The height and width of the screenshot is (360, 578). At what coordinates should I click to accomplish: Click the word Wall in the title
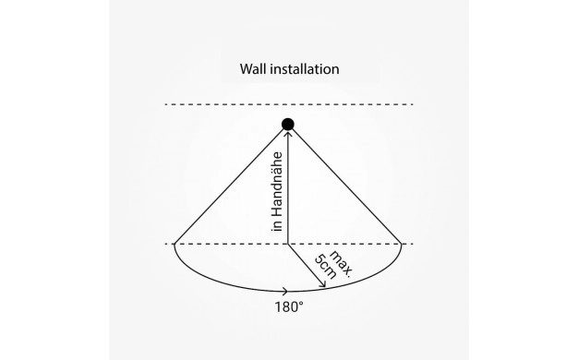click(253, 69)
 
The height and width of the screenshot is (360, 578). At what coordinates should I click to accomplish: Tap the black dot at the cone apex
click(288, 125)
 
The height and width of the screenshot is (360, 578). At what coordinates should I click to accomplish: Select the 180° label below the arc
click(289, 307)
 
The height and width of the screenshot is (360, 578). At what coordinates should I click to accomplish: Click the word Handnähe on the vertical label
click(277, 185)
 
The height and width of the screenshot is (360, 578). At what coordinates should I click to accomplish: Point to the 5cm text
click(325, 267)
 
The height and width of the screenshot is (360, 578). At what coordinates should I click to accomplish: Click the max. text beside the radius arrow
click(341, 263)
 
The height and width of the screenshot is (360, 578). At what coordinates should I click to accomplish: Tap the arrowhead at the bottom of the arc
click(285, 292)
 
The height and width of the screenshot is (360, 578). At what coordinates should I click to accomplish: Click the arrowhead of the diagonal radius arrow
click(322, 283)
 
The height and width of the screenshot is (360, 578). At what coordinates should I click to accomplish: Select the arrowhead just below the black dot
click(288, 134)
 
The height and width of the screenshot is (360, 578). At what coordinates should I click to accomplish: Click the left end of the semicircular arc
click(175, 244)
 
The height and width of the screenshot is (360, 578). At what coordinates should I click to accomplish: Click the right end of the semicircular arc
click(402, 244)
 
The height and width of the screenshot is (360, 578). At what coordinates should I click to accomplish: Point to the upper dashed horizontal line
click(289, 104)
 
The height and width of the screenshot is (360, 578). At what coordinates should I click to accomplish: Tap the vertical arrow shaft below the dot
click(288, 188)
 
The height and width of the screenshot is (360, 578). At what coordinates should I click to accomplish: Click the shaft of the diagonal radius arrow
click(306, 265)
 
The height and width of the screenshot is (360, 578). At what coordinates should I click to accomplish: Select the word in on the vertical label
click(277, 226)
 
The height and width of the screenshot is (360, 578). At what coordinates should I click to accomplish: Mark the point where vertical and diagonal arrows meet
click(288, 244)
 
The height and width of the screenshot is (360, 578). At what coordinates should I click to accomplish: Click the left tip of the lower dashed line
click(165, 244)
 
